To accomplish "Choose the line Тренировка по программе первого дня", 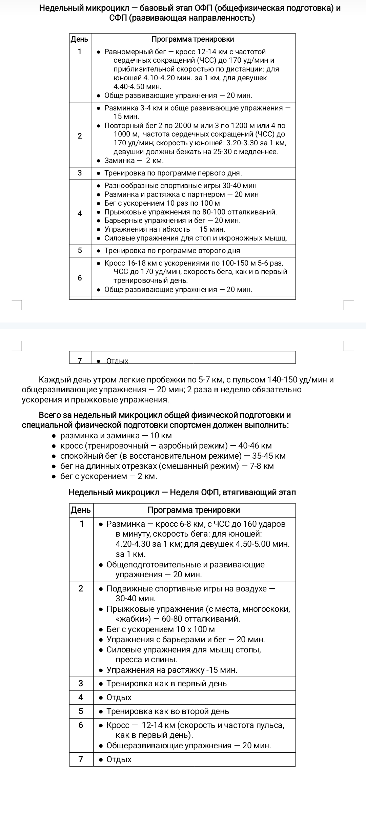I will (173, 173).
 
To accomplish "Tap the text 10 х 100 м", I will (196, 629).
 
